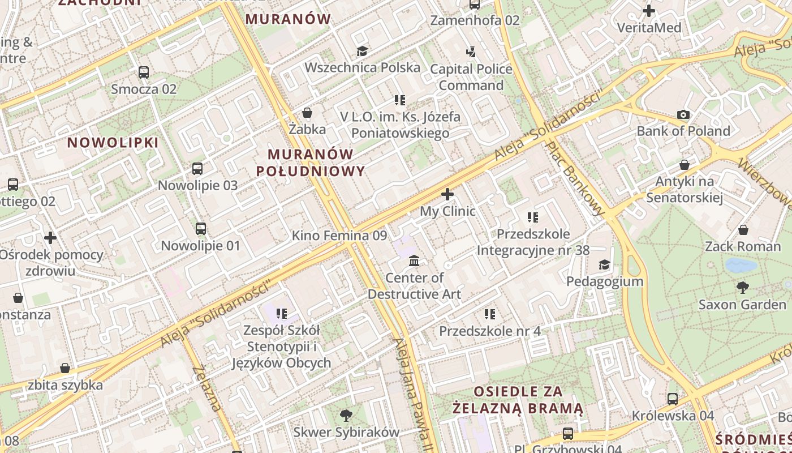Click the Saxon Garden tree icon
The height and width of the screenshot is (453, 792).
click(x=742, y=288)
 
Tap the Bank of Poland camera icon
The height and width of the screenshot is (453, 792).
click(x=683, y=115)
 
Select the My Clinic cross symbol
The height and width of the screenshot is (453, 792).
click(x=447, y=195)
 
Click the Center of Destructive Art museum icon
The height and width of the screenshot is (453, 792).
click(x=414, y=261)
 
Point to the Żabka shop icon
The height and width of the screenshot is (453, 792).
click(x=307, y=113)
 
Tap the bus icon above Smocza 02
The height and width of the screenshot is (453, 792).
click(x=144, y=72)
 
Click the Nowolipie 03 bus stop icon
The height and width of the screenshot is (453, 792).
click(x=197, y=169)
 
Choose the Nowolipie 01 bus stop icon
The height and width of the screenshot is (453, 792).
click(x=201, y=229)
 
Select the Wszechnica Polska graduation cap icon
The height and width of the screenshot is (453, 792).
click(x=362, y=52)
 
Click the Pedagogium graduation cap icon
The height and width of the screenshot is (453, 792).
click(x=604, y=265)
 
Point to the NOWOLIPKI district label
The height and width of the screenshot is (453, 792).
click(x=113, y=142)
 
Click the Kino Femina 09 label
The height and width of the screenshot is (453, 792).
click(x=339, y=236)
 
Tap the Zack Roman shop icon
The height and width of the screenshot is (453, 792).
click(x=743, y=230)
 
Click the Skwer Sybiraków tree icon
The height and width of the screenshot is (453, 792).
click(x=346, y=416)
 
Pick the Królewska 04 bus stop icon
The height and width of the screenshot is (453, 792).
click(x=673, y=399)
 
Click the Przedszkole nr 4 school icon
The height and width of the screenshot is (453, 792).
click(x=490, y=314)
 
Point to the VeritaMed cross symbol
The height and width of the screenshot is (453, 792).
click(x=649, y=11)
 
